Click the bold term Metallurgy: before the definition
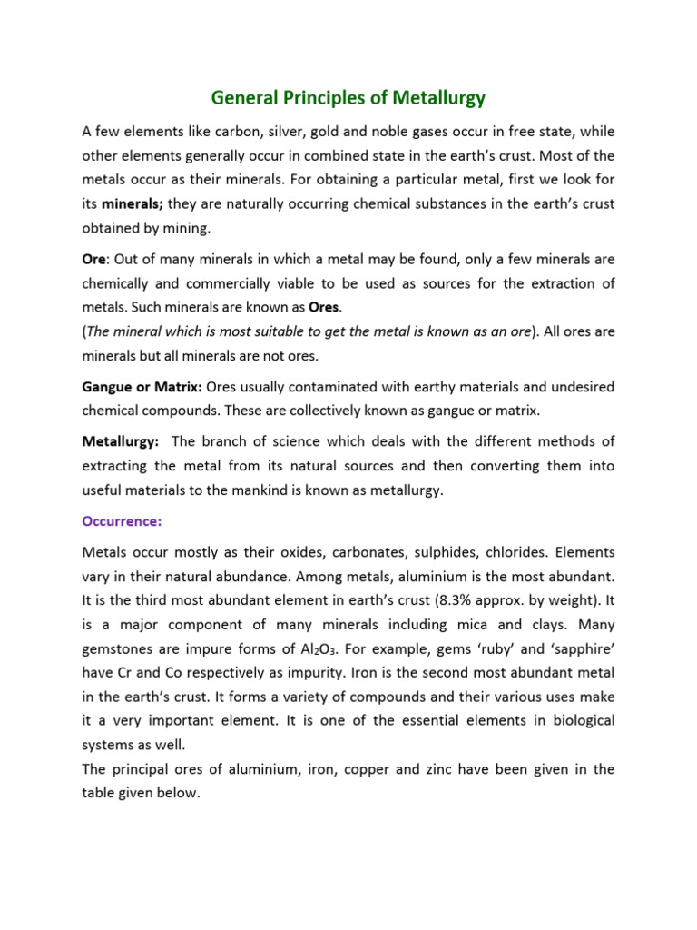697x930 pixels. click(121, 442)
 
